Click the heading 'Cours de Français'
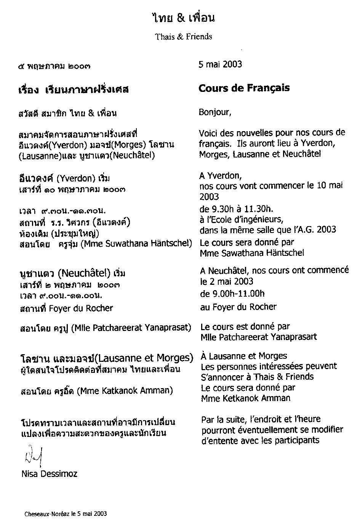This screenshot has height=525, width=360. (x=244, y=88)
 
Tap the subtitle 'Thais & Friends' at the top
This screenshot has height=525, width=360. (x=183, y=37)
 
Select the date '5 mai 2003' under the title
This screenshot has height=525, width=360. (x=220, y=64)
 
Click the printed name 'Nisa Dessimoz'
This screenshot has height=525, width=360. (x=50, y=474)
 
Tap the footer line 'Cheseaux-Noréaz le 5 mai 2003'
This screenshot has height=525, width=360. (x=66, y=514)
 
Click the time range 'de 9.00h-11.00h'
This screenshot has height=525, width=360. (x=232, y=294)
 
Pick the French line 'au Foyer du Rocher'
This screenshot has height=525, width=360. (x=238, y=307)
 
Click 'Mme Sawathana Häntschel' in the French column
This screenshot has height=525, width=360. (x=252, y=252)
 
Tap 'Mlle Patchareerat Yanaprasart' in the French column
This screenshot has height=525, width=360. (x=258, y=337)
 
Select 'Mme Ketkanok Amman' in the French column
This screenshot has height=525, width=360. (x=245, y=398)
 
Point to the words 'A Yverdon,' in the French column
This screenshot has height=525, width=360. (x=221, y=176)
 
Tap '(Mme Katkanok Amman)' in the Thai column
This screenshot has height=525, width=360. (x=125, y=391)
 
